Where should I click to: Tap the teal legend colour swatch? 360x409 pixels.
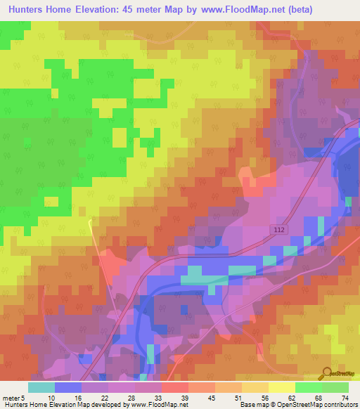pyautogui.click(x=41, y=387)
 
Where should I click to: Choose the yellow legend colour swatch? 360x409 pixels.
pyautogui.click(x=281, y=387)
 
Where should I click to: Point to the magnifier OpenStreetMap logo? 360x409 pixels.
pyautogui.click(x=328, y=375)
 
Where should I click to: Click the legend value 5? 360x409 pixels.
pyautogui.click(x=23, y=397)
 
